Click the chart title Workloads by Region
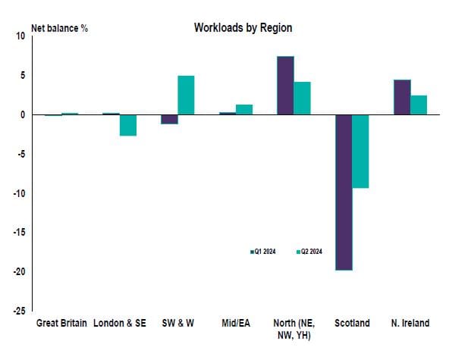[243, 28]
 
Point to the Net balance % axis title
[59, 29]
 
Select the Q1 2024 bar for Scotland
[344, 192]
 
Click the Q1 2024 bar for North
[285, 86]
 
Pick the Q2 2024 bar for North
[303, 98]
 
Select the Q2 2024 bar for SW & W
[186, 95]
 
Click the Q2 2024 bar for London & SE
[128, 125]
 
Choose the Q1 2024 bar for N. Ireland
[402, 97]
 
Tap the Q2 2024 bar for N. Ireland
[419, 105]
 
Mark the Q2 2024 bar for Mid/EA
[244, 109]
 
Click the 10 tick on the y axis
[20, 36]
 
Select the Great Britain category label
[62, 323]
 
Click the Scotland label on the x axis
[353, 323]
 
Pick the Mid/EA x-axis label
[236, 323]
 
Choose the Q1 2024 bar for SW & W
[168, 119]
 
